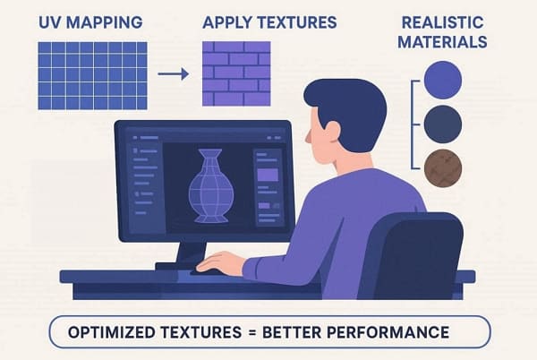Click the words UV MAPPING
tap(90, 21)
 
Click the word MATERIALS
tap(445, 41)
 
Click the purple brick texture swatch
tap(236, 74)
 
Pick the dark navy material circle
tap(443, 123)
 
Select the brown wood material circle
tap(443, 167)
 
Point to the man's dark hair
tap(349, 99)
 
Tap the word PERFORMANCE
tap(395, 334)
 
